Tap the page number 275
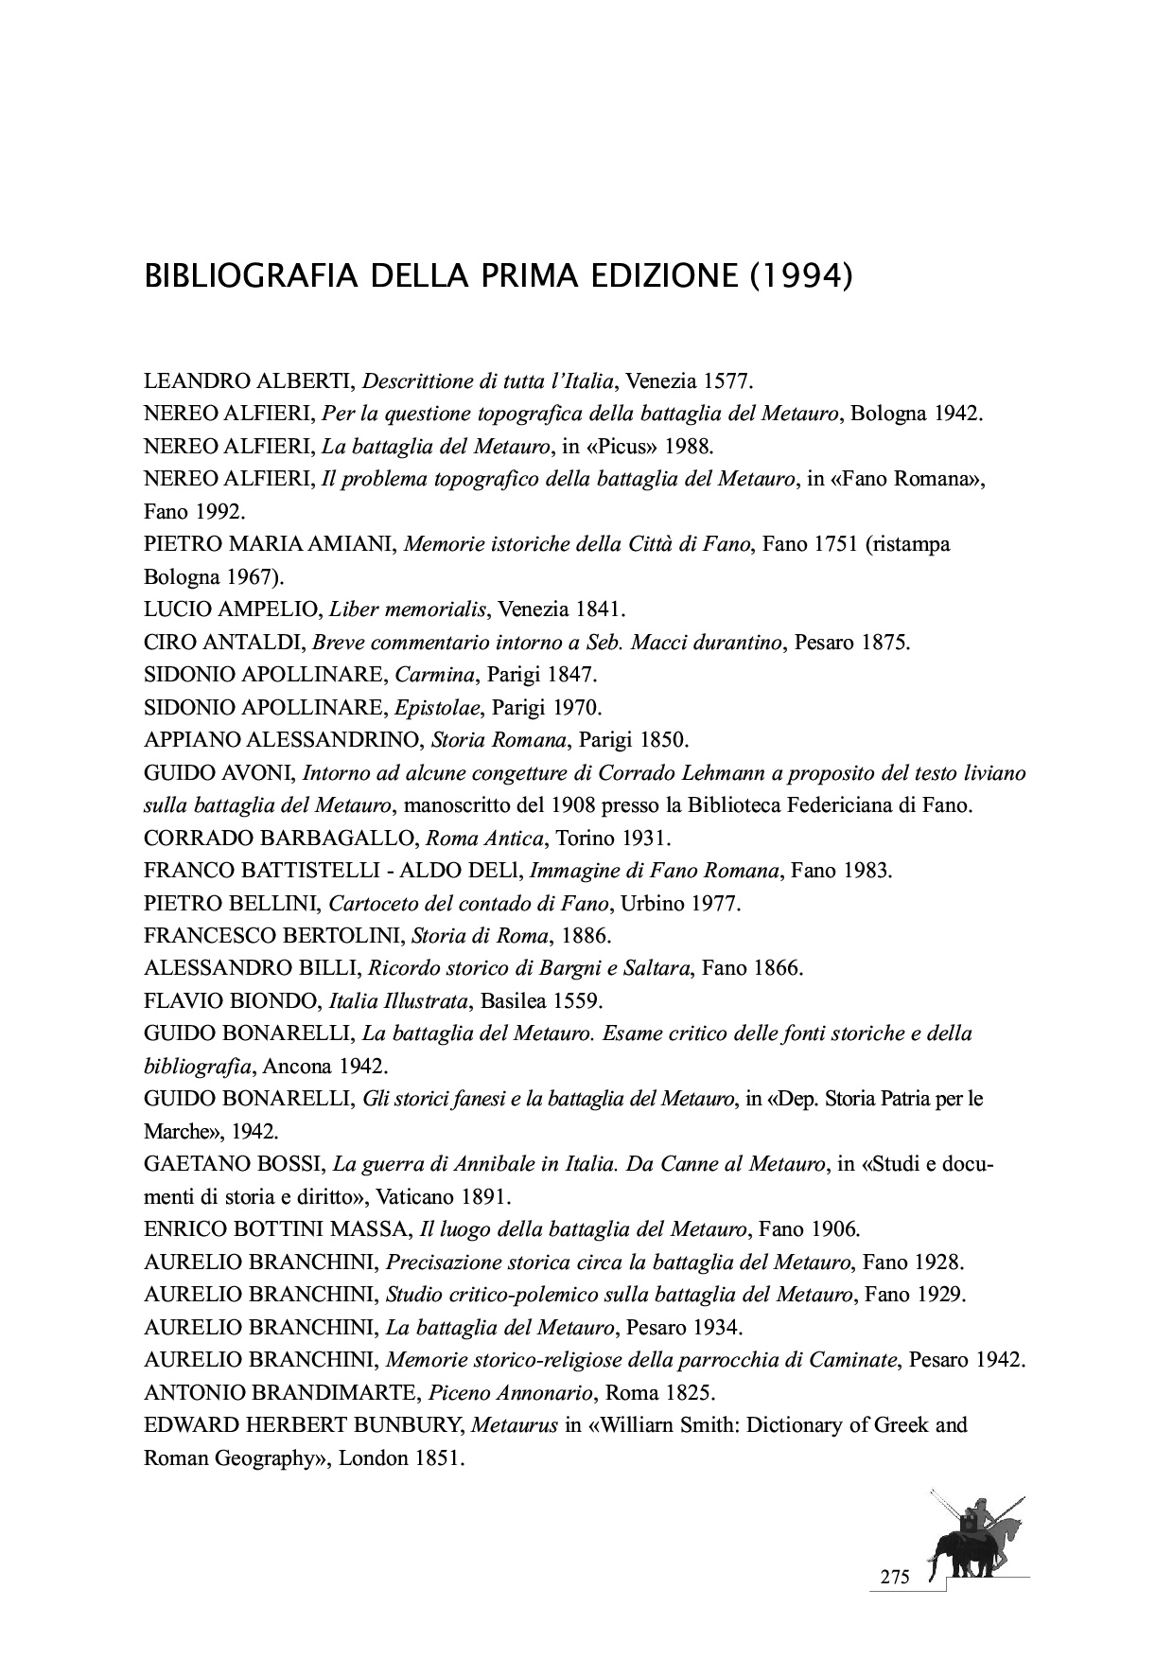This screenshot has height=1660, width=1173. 894,1578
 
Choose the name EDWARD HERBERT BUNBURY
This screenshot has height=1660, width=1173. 304,1425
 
